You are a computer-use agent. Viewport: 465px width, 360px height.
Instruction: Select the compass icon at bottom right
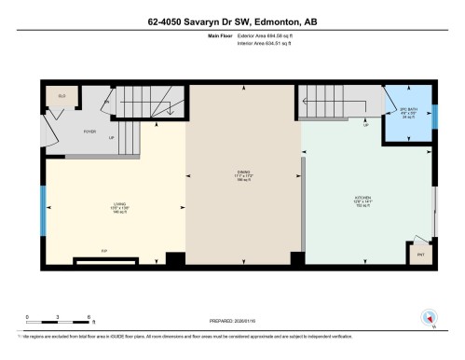coord(430,317)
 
